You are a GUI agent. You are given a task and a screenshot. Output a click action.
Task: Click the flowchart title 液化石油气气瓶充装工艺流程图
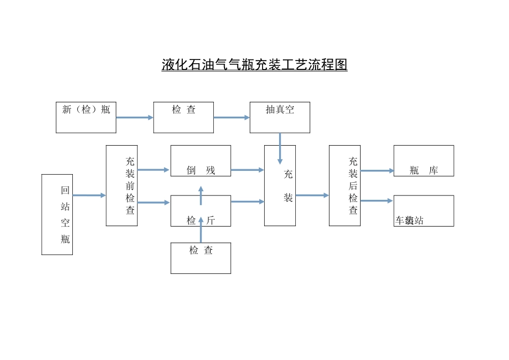pyautogui.click(x=254, y=65)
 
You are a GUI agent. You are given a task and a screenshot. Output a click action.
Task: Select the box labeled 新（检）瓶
pyautogui.click(x=86, y=117)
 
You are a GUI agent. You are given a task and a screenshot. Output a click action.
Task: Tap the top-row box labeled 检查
pyautogui.click(x=183, y=117)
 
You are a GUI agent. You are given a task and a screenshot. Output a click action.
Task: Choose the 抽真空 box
pyautogui.click(x=280, y=117)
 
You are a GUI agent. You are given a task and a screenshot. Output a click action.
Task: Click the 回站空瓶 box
pyautogui.click(x=57, y=214)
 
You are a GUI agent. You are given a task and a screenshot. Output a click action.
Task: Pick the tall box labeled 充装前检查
pyautogui.click(x=122, y=185)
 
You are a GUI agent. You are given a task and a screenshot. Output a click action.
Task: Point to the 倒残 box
pyautogui.click(x=201, y=161)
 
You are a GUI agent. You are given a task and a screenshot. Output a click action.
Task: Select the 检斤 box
pyautogui.click(x=201, y=211)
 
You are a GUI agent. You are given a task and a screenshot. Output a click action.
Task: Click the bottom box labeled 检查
pyautogui.click(x=201, y=258)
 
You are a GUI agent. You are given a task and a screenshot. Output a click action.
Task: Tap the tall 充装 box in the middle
pyautogui.click(x=280, y=185)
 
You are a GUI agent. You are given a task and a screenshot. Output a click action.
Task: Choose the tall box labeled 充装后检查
pyautogui.click(x=345, y=185)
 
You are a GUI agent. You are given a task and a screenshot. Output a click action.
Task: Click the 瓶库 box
pyautogui.click(x=424, y=161)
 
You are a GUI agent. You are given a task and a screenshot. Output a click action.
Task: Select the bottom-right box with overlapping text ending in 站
pyautogui.click(x=424, y=211)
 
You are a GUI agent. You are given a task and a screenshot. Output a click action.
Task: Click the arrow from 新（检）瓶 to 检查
pyautogui.click(x=134, y=117)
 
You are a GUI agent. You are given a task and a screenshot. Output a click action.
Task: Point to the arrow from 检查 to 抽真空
pyautogui.click(x=231, y=117)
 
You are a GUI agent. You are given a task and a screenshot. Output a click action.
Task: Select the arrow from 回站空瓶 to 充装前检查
pyautogui.click(x=89, y=196)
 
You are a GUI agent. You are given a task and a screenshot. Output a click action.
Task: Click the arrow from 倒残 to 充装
pyautogui.click(x=247, y=170)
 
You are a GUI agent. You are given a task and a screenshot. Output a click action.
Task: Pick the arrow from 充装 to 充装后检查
pyautogui.click(x=312, y=196)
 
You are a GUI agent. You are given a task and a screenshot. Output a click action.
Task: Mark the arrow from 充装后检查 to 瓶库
pyautogui.click(x=377, y=171)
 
